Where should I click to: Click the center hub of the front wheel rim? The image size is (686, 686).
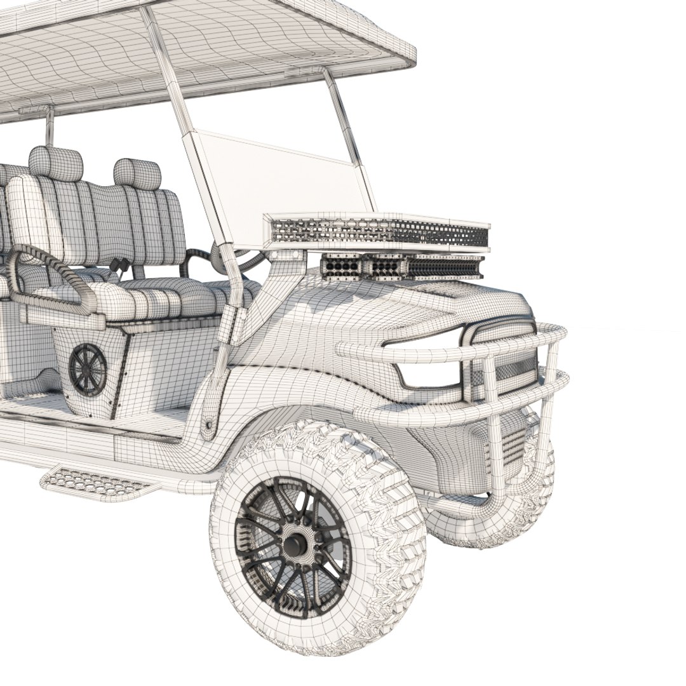click(x=294, y=544)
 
